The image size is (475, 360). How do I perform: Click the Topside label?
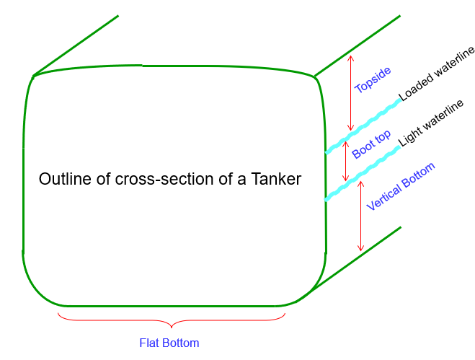[x=373, y=80]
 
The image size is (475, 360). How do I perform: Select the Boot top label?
[x=372, y=144]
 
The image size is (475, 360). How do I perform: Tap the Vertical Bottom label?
[x=401, y=187]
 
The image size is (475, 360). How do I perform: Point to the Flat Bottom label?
[x=169, y=342]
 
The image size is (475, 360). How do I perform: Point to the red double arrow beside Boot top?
[x=345, y=159]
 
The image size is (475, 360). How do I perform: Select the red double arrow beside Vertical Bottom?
[x=361, y=215]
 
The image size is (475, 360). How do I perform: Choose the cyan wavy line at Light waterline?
[x=362, y=173]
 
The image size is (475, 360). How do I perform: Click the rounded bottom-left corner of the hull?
[x=36, y=286]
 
